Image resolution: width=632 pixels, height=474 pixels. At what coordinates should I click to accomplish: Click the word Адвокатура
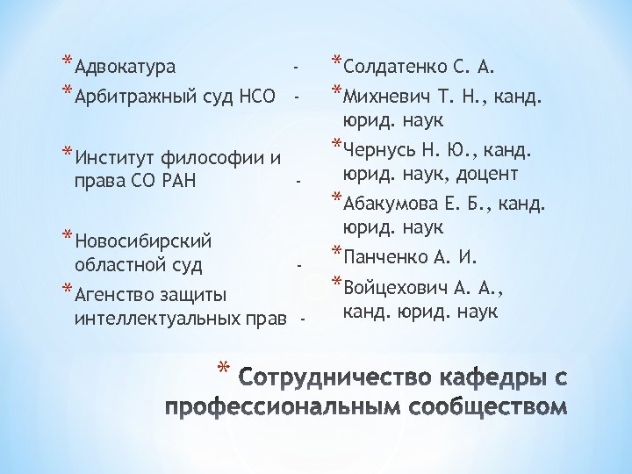tap(125, 67)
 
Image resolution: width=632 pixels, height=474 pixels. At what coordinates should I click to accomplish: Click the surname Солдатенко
tap(398, 66)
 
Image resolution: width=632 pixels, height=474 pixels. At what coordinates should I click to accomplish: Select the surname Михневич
tap(390, 94)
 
